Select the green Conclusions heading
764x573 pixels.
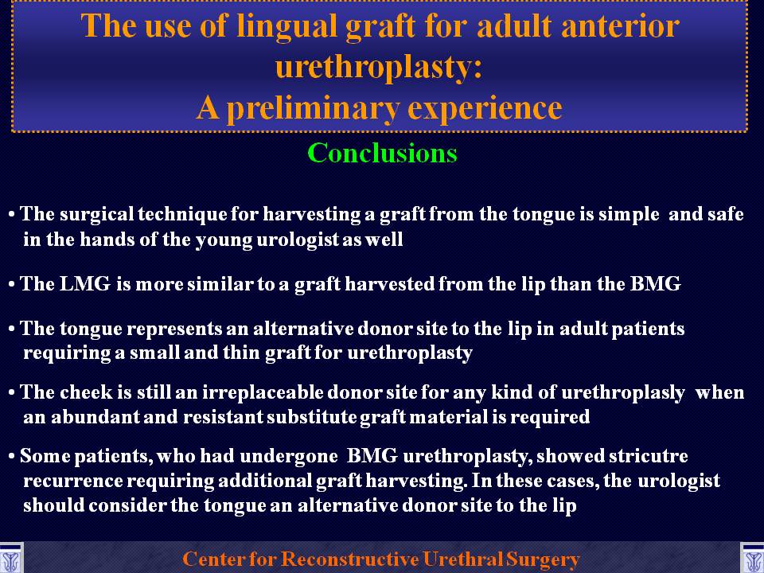point(383,153)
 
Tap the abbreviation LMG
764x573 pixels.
point(85,283)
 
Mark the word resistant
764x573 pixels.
point(223,417)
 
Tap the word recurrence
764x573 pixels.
point(72,481)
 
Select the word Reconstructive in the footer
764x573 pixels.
point(350,559)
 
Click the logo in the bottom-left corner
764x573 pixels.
point(10,558)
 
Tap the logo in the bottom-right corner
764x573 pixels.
point(753,558)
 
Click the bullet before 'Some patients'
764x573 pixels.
point(12,457)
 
